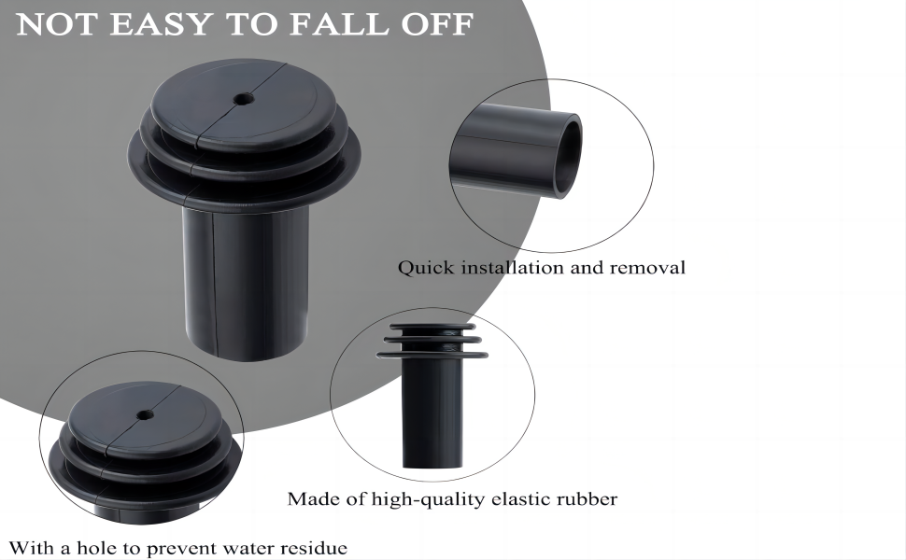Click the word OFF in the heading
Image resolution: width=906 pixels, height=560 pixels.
[437, 24]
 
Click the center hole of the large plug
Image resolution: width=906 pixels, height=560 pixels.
[243, 97]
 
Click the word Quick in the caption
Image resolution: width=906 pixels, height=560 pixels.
[424, 268]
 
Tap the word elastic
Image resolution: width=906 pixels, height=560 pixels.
[524, 499]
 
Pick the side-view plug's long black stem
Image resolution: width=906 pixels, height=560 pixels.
[432, 411]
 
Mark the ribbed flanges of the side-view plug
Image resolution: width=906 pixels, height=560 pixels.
[432, 341]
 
